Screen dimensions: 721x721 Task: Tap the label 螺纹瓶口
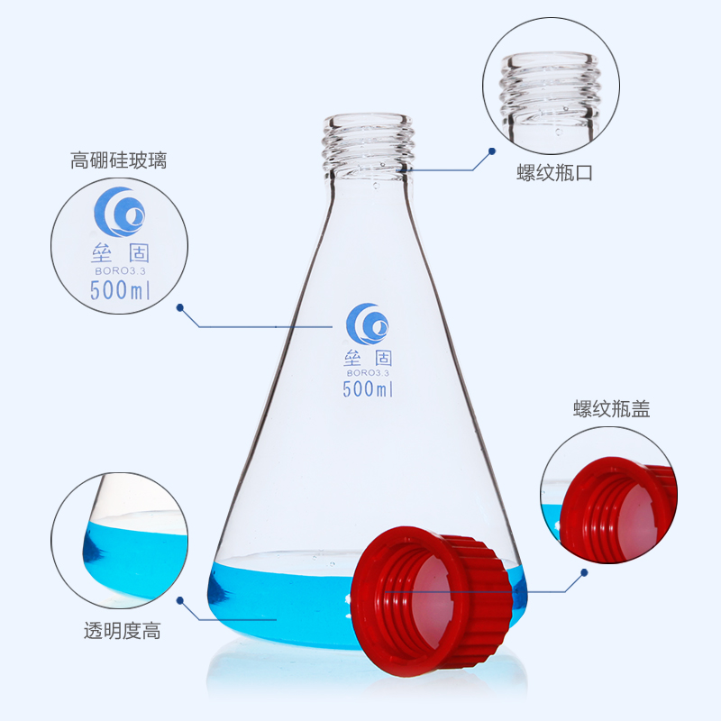point(554,174)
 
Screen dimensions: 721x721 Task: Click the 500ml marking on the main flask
point(368,389)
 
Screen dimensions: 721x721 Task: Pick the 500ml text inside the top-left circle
point(119,291)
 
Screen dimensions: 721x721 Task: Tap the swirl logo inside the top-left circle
point(121,212)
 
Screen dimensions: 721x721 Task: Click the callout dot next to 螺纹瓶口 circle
point(492,151)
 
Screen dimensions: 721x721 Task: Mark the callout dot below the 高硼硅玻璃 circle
point(180,307)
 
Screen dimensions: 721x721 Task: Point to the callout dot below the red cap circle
point(585,572)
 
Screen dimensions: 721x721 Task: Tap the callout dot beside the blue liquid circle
point(180,600)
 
